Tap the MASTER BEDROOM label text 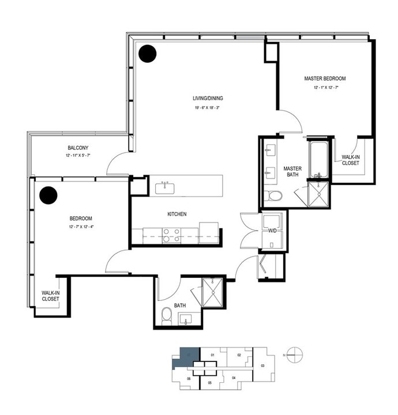pos(325,78)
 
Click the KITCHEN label pos(177,214)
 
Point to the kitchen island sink pos(167,187)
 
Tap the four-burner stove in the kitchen pos(171,235)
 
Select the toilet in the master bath pos(273,196)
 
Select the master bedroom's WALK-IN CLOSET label pos(351,160)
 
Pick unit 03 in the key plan pos(262,365)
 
